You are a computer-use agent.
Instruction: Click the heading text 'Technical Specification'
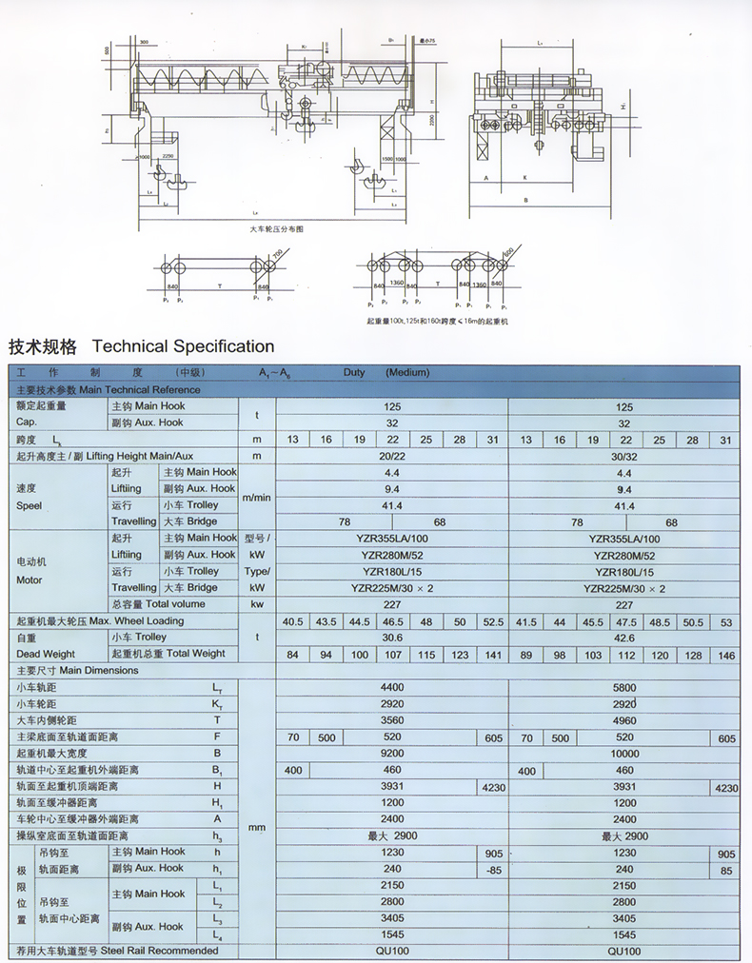[183, 346]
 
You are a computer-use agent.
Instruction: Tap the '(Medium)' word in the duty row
[407, 373]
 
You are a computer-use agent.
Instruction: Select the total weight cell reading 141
[492, 654]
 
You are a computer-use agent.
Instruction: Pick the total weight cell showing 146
[726, 654]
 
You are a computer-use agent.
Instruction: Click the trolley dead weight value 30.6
[391, 638]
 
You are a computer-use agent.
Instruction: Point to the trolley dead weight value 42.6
[624, 638]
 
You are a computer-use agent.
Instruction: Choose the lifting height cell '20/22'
[391, 456]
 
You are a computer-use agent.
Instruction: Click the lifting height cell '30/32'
[624, 456]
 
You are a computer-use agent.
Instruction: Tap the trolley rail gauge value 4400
[391, 687]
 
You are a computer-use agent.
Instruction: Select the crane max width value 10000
[624, 754]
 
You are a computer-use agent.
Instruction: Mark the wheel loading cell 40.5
[292, 621]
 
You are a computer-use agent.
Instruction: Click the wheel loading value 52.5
[492, 621]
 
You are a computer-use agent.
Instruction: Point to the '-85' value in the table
[492, 869]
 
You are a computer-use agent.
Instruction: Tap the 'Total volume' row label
[171, 604]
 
